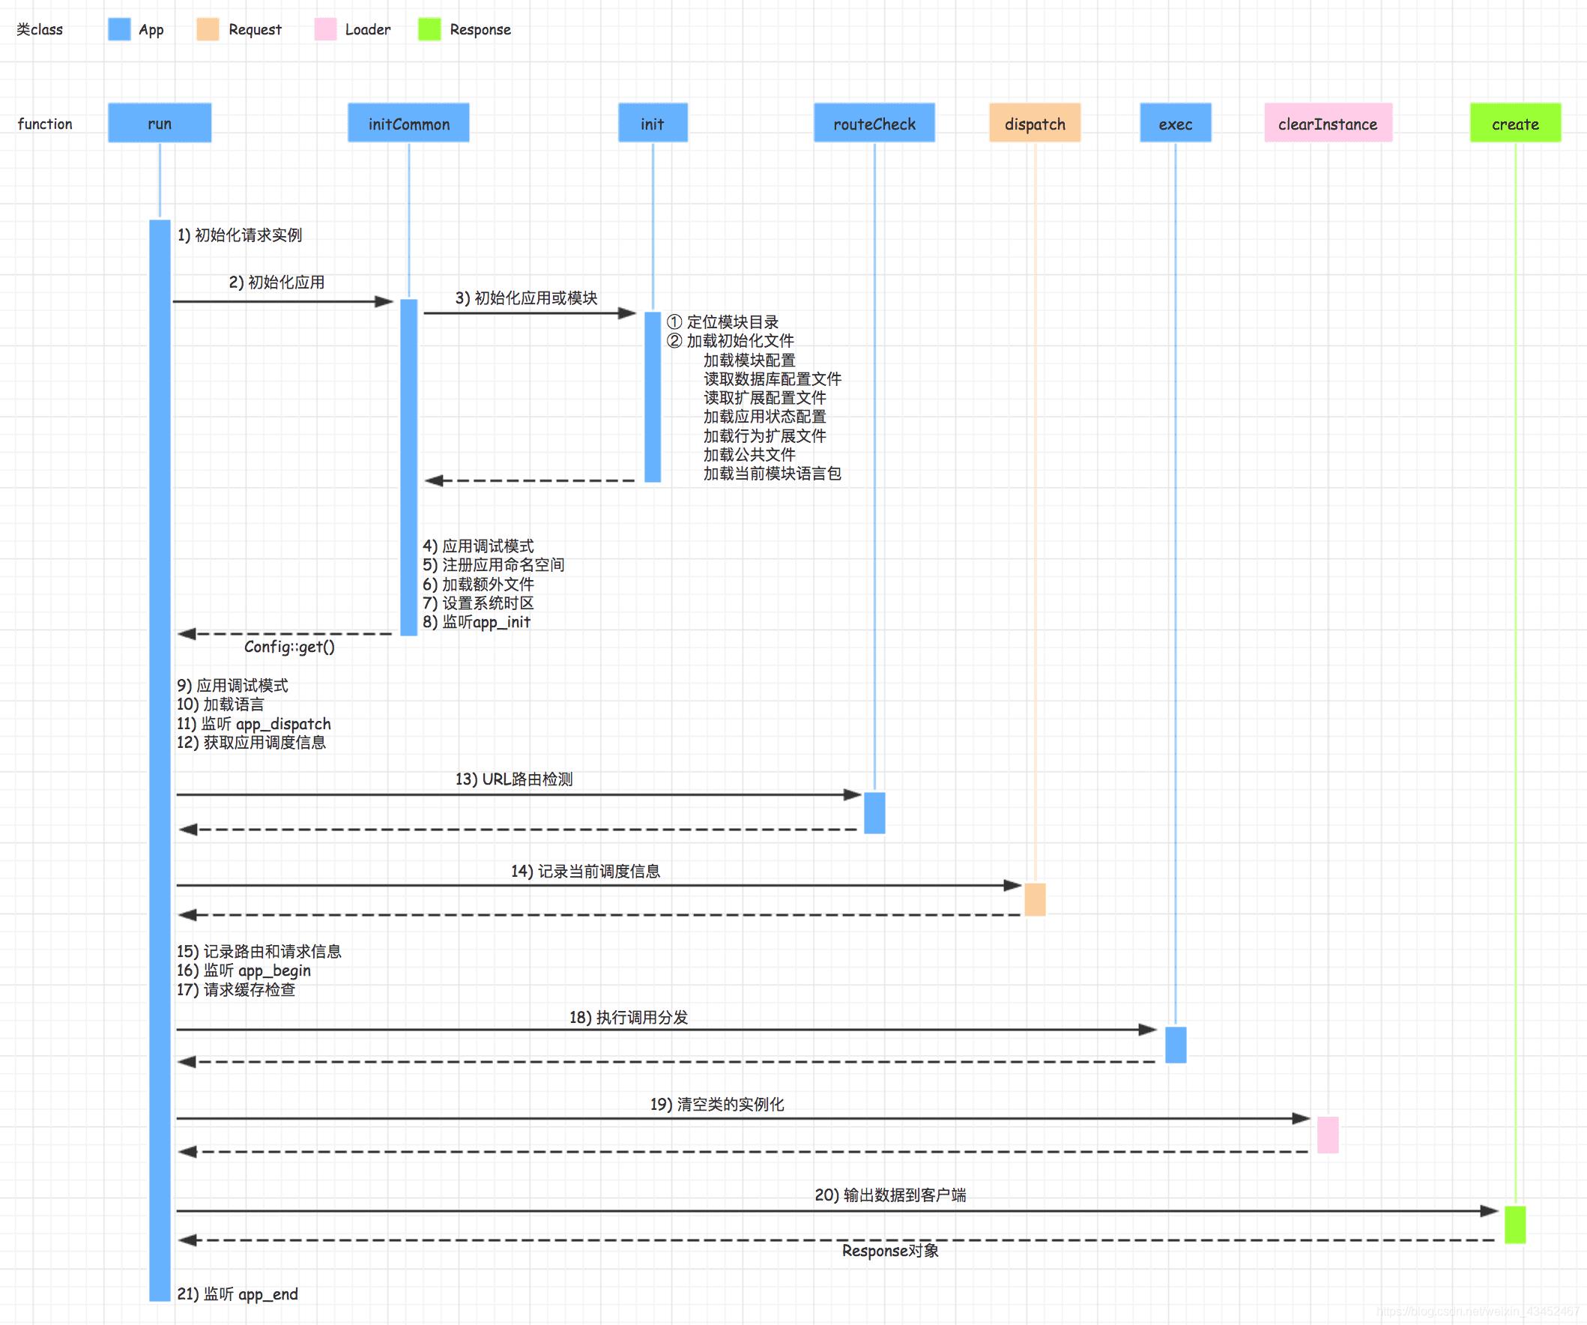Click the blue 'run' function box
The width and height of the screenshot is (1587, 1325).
[x=160, y=123]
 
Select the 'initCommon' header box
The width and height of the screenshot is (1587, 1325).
[x=408, y=123]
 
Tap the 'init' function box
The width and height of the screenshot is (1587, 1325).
[x=652, y=123]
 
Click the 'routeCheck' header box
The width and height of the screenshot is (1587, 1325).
[x=874, y=123]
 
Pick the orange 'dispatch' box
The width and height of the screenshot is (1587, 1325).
[x=1034, y=123]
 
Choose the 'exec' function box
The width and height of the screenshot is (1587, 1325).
[x=1175, y=123]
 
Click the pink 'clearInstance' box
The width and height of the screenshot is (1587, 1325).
[x=1327, y=123]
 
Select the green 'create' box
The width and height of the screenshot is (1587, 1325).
[x=1514, y=123]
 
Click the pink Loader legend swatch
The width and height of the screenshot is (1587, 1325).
[x=325, y=29]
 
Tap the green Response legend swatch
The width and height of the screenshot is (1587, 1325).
[x=429, y=29]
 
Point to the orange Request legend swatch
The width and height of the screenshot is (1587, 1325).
[x=207, y=29]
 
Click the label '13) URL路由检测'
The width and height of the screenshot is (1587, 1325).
[x=514, y=779]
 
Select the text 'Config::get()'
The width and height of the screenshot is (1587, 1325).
[x=289, y=647]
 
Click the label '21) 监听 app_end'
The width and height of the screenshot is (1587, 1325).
[x=238, y=1294]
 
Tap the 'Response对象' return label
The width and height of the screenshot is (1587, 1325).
[x=890, y=1251]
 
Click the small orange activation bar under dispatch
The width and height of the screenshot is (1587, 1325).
[x=1035, y=899]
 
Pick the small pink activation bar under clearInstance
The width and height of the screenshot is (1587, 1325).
[x=1327, y=1135]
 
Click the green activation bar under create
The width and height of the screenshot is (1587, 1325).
[x=1514, y=1225]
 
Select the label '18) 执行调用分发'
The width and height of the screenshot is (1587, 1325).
[x=629, y=1018]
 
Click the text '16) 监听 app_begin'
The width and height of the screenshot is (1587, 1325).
[x=244, y=971]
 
